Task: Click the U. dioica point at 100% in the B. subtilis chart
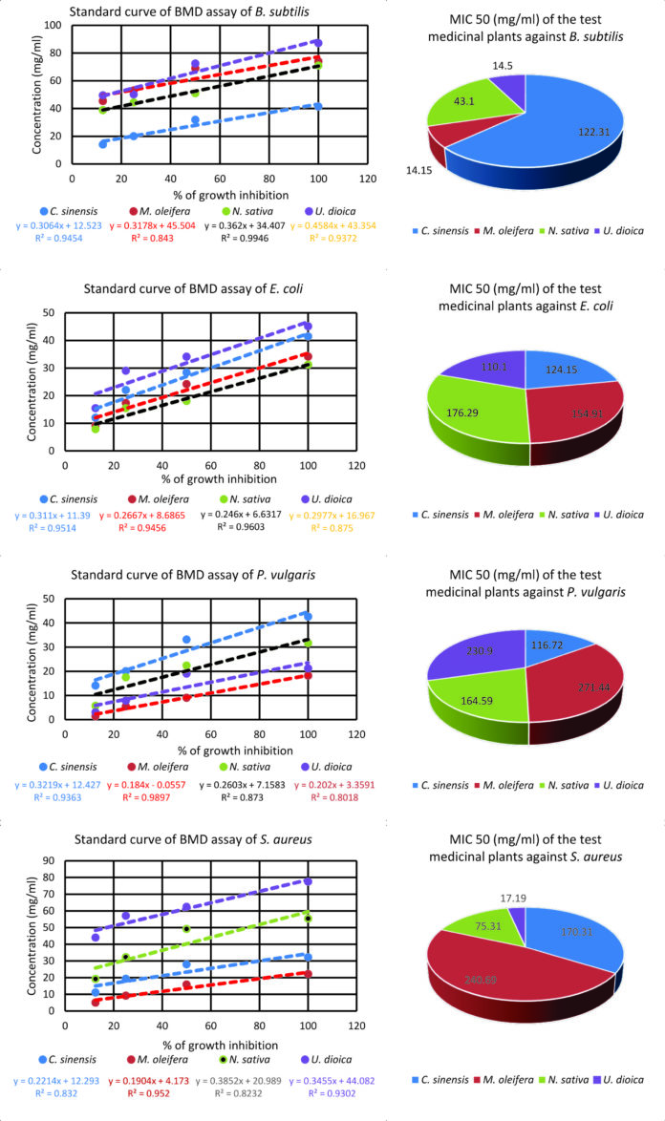point(318,44)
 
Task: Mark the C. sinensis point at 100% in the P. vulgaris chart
point(308,617)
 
